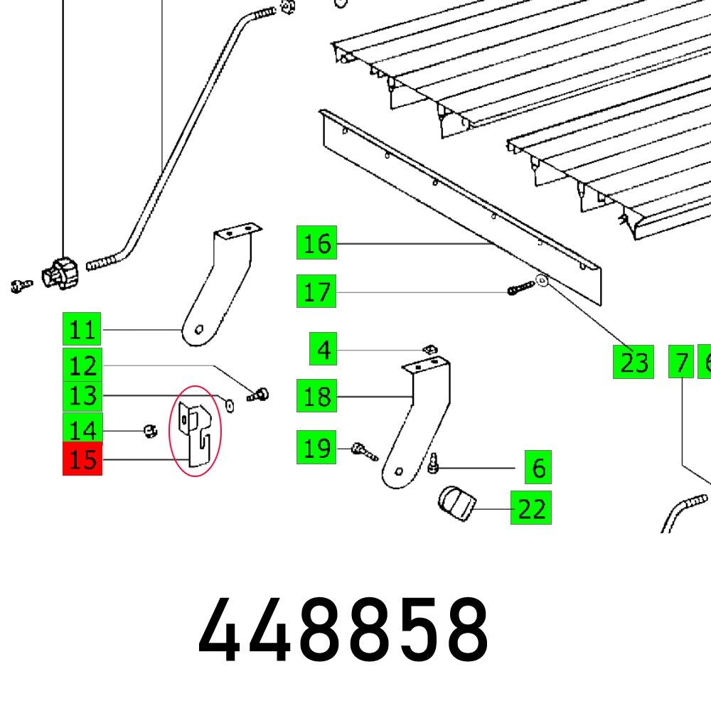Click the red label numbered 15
[x=82, y=459]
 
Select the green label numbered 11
[x=82, y=330]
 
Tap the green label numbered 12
[x=82, y=366]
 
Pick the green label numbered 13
[x=82, y=395]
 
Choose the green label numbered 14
[x=82, y=430]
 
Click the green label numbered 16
[x=316, y=244]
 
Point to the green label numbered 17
[x=316, y=292]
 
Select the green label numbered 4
[x=324, y=351]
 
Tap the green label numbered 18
[x=316, y=397]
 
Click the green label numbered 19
[x=316, y=449]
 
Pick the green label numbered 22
[x=530, y=509]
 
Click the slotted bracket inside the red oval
[x=194, y=432]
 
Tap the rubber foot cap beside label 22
[x=455, y=503]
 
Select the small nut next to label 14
[x=149, y=430]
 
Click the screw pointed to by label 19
[x=363, y=451]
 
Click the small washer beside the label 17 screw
[x=541, y=282]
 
